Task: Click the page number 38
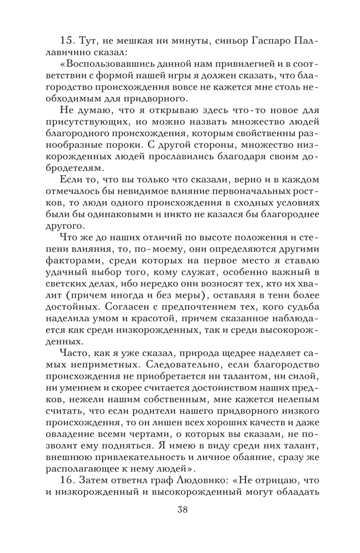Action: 180,509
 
